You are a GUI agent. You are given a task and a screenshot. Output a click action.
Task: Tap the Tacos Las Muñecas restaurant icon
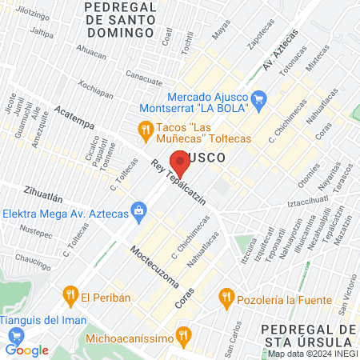coord(145,128)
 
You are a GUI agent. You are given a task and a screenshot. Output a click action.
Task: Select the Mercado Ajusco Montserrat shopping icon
coord(258,99)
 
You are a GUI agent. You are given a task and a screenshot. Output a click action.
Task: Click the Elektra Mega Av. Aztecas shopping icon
coord(139,210)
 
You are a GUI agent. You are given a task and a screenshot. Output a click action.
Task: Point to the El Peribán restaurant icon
coord(71,294)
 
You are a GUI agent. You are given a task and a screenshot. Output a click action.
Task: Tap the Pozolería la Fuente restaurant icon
coord(226,299)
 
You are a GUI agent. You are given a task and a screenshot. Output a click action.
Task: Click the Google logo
coord(26,350)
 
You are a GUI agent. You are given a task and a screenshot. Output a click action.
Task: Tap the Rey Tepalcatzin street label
coord(178,183)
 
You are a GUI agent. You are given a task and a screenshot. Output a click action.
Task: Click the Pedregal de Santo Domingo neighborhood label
coord(118,20)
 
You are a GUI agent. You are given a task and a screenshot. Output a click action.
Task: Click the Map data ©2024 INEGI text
coord(311,354)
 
